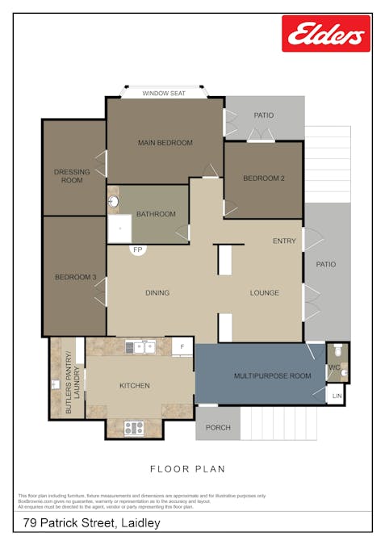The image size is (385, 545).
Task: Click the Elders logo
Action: [x=326, y=34]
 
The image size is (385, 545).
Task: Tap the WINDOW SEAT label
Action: [x=164, y=94]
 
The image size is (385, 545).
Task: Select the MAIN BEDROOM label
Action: [x=165, y=143]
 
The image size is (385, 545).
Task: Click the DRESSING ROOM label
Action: [x=72, y=176]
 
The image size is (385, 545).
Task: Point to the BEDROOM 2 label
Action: [x=264, y=178]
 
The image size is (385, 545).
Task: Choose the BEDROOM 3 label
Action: [x=75, y=278]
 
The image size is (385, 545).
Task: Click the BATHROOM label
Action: [x=156, y=214]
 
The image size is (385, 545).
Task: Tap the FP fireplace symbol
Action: [x=138, y=250]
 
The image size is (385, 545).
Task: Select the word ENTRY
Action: [x=284, y=241]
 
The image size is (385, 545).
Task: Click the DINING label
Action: [x=157, y=293]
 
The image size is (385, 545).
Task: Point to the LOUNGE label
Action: [x=264, y=293]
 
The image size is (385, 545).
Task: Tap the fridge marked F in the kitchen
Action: [x=183, y=347]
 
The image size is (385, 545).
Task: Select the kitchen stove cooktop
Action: [x=133, y=428]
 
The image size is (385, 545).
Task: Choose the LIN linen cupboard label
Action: [x=337, y=396]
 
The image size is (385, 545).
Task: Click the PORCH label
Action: [x=218, y=428]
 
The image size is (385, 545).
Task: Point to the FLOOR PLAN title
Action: [x=187, y=468]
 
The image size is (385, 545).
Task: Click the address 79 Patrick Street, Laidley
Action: [x=91, y=523]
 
